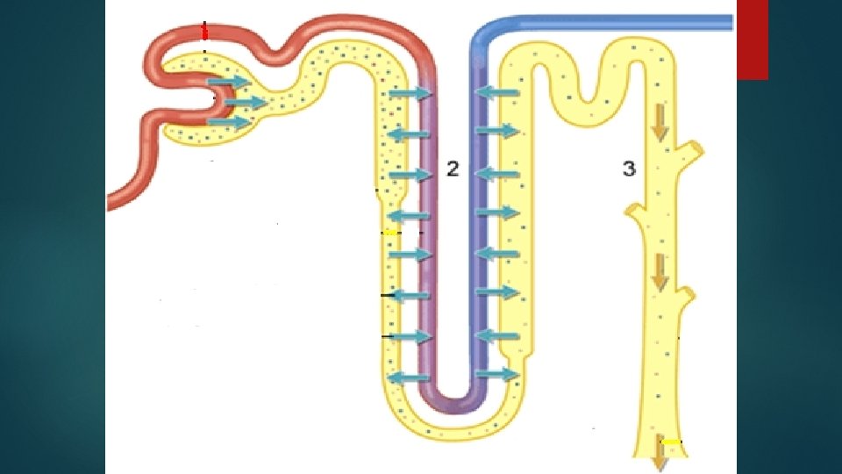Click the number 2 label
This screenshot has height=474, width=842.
pyautogui.click(x=453, y=169)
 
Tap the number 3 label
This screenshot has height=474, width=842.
pyautogui.click(x=628, y=169)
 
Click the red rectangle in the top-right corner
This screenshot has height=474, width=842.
pyautogui.click(x=753, y=39)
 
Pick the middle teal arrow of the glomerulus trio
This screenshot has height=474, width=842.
pyautogui.click(x=246, y=103)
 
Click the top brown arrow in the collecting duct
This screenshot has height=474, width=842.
pyautogui.click(x=659, y=129)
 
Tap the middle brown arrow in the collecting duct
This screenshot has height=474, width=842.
pyautogui.click(x=659, y=277)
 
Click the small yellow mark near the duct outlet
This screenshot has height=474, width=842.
pyautogui.click(x=671, y=441)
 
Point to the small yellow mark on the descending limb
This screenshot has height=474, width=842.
pyautogui.click(x=390, y=233)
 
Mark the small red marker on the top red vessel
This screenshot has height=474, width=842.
pyautogui.click(x=204, y=32)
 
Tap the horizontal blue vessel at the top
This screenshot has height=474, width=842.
pyautogui.click(x=614, y=22)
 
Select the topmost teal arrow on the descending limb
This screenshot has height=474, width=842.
pyautogui.click(x=409, y=93)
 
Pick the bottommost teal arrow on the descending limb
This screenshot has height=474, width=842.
pyautogui.click(x=409, y=377)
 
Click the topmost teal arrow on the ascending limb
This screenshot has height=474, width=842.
pyautogui.click(x=496, y=93)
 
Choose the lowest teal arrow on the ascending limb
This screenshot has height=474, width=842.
pyautogui.click(x=496, y=375)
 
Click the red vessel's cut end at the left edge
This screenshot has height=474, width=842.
pyautogui.click(x=111, y=200)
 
